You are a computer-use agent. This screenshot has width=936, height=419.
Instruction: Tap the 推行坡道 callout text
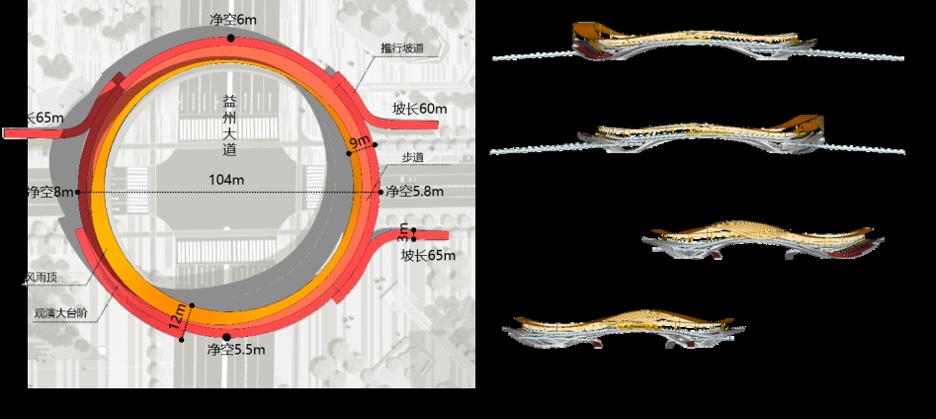[402, 47]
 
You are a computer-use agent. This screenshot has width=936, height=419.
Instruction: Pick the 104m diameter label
[228, 179]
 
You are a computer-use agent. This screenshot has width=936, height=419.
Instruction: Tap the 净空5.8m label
[414, 191]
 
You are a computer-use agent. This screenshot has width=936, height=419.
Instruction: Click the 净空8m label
[49, 191]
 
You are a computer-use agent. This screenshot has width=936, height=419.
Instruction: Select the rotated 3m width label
[402, 234]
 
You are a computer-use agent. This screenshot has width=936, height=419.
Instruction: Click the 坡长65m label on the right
[428, 255]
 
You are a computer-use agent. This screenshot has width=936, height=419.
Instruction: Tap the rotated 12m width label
[177, 318]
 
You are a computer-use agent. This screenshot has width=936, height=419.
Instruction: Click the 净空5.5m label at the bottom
[234, 350]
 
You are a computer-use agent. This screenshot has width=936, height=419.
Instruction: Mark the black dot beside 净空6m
[231, 38]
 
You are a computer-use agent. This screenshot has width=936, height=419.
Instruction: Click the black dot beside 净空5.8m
[380, 191]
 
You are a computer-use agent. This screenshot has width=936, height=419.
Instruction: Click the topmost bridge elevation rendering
[692, 44]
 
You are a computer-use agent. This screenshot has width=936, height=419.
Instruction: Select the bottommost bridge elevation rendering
[623, 329]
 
